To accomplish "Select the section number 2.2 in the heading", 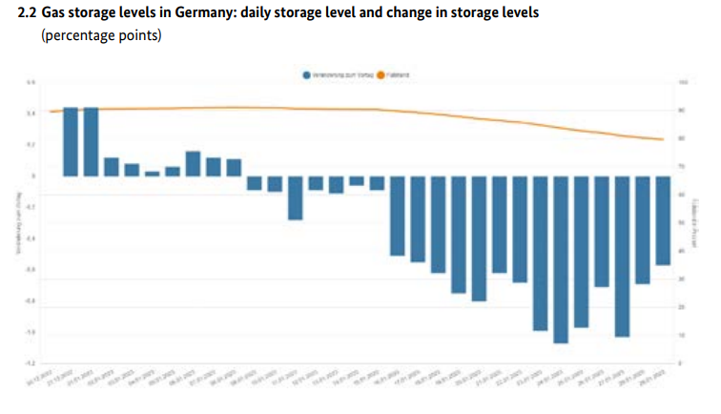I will pos(29,14).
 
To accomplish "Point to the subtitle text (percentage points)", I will pos(101,36).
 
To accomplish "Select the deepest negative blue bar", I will pos(561,259).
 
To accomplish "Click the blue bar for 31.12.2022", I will pos(92,142).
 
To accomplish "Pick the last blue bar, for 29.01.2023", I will pos(663,220).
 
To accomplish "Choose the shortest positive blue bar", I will pos(153,174).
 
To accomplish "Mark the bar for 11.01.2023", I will pos(296,197).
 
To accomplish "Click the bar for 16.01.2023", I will pos(398,216).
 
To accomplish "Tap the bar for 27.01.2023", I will pos(622,256).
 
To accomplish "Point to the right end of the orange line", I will pos(663,140).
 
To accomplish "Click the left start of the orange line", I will pos(51,112).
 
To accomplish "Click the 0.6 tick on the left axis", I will pos(31,83).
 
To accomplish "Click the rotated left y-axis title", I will pos(16,223).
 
